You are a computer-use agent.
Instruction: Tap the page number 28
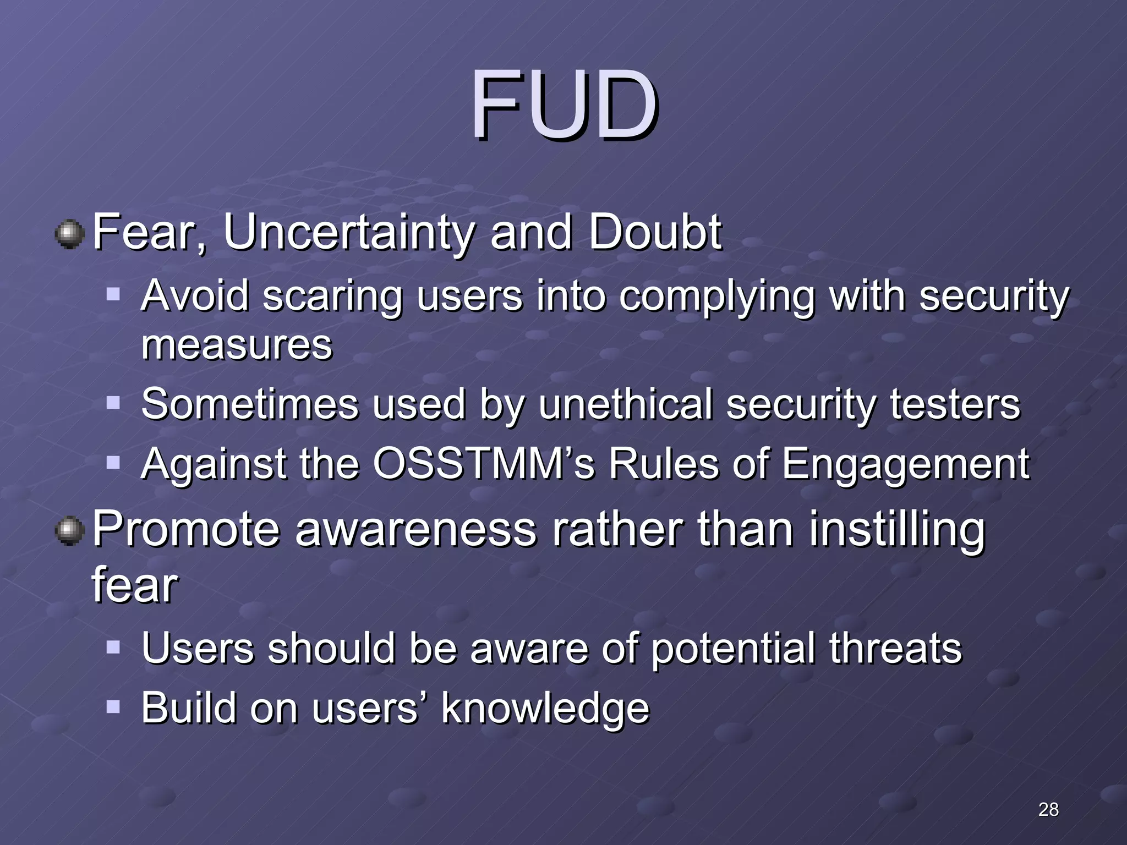click(1048, 809)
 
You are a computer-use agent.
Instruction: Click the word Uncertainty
click(348, 233)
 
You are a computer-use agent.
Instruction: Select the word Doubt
click(655, 232)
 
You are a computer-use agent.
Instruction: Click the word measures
click(237, 345)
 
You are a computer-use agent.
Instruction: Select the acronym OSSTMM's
click(484, 464)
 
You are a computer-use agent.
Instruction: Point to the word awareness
click(415, 529)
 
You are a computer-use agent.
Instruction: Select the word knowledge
click(545, 709)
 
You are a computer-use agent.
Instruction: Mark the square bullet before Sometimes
click(113, 403)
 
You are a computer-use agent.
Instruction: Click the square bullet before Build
click(113, 706)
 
